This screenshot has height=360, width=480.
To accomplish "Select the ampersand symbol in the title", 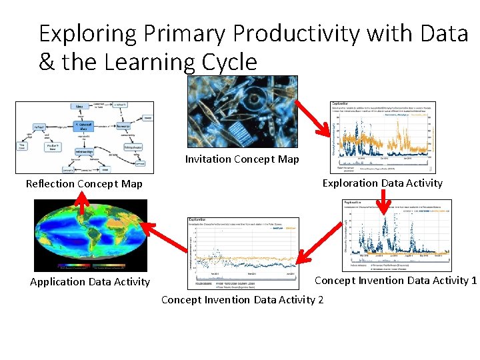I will click(x=47, y=62).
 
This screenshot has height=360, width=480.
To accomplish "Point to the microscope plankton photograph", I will click(x=243, y=111).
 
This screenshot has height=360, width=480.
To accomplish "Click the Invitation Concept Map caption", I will click(x=242, y=159).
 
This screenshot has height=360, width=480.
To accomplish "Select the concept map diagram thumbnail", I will click(x=85, y=137).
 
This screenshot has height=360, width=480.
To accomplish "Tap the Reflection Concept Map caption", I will click(x=84, y=184).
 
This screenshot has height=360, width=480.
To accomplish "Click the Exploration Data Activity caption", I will click(x=382, y=183).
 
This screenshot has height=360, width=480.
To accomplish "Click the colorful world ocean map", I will click(x=90, y=235).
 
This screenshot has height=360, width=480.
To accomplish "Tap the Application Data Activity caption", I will click(x=90, y=282).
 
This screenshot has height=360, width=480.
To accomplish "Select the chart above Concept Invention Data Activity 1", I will click(x=396, y=235).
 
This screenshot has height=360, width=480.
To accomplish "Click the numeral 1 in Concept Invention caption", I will click(x=473, y=281).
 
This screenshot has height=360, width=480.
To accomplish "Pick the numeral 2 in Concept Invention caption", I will click(x=320, y=300).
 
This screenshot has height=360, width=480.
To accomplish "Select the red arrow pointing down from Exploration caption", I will click(x=383, y=198).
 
